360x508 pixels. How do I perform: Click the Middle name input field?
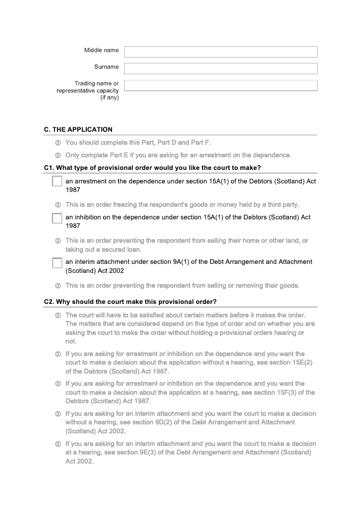click(220, 52)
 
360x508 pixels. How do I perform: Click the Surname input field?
click(220, 68)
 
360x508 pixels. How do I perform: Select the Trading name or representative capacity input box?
click(220, 85)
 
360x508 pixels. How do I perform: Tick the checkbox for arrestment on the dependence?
click(57, 181)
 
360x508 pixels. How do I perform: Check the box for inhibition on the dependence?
click(57, 218)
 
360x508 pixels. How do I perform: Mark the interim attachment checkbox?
click(57, 263)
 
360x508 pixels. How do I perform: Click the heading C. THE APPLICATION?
click(78, 129)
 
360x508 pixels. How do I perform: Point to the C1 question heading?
click(152, 168)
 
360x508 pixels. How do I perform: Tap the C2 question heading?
click(130, 301)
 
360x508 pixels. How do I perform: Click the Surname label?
click(106, 67)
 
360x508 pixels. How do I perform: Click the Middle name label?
click(101, 50)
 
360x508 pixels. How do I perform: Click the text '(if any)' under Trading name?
click(109, 98)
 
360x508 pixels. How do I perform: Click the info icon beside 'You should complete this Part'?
click(58, 143)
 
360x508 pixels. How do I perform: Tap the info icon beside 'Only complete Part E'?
click(58, 156)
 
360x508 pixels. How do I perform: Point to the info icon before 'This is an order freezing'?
click(58, 205)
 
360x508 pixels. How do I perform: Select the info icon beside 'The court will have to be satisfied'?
click(58, 315)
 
